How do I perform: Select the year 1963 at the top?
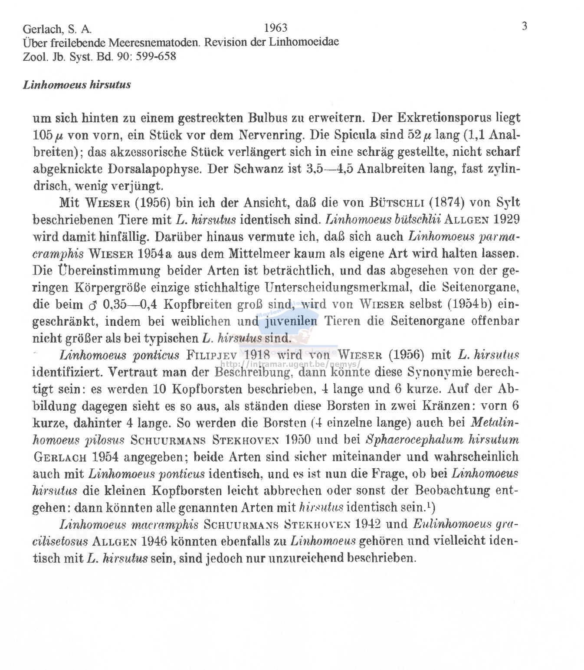point(276,28)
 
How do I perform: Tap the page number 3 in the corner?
point(524,26)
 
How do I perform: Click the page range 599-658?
point(156,56)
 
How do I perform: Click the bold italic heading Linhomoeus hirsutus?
point(77,85)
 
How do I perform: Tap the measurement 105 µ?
point(48,135)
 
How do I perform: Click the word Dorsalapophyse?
point(156,169)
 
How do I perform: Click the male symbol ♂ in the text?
point(91,305)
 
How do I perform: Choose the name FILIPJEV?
point(212,356)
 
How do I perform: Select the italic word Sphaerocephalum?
point(415,440)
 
